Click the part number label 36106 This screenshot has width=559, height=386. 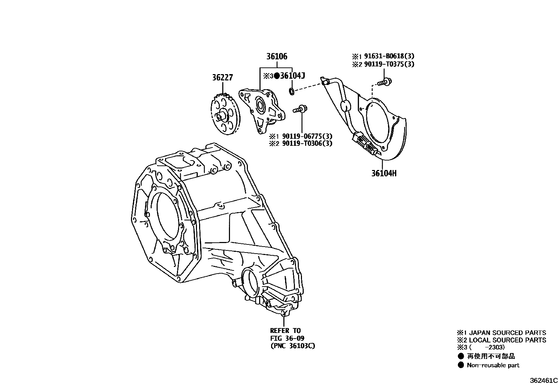pyautogui.click(x=276, y=56)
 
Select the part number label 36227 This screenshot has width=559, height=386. pyautogui.click(x=222, y=77)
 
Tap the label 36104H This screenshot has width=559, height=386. pyautogui.click(x=384, y=173)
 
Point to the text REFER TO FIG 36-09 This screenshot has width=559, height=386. pyautogui.click(x=287, y=334)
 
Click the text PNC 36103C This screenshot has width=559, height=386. pyautogui.click(x=292, y=346)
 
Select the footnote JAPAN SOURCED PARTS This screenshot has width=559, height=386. pyautogui.click(x=507, y=333)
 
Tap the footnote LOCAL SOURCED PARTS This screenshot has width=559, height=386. pyautogui.click(x=507, y=340)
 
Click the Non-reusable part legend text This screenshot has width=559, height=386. pyautogui.click(x=493, y=365)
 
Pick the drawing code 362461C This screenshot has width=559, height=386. pyautogui.click(x=544, y=380)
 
